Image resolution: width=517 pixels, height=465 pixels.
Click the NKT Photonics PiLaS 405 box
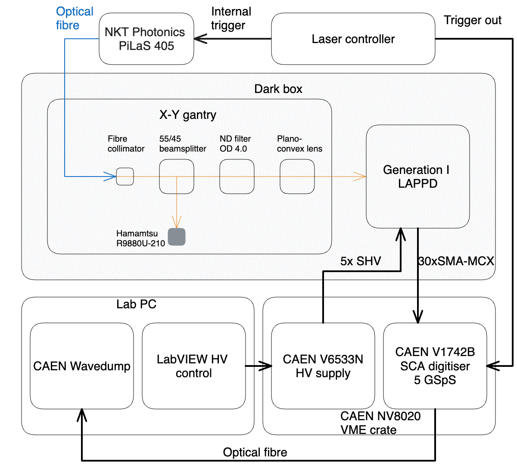pos(146,39)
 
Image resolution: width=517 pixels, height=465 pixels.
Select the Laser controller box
pos(353,39)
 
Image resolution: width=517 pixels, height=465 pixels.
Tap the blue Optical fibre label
pos(74,18)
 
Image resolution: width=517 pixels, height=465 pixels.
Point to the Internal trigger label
pos(230,18)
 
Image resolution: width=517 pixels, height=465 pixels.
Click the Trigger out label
pos(472,20)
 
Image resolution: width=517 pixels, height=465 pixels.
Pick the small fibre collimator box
pos(125,177)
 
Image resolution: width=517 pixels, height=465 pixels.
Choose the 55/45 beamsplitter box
pos(177,177)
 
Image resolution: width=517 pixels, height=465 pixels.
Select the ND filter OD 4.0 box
pos(237,177)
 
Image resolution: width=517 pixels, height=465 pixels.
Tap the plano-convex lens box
pos(297,177)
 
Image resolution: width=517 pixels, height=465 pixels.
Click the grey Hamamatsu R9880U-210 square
pos(177,237)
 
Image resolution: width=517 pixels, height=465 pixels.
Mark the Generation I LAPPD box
pos(417,177)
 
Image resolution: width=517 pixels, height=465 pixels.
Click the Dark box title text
pos(278,89)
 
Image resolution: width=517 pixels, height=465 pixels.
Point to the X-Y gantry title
pos(188,115)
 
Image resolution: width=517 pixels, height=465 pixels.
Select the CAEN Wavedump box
pos(82,366)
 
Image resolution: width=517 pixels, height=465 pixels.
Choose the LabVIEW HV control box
pos(193,366)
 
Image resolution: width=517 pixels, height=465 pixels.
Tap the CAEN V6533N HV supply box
pos(323,366)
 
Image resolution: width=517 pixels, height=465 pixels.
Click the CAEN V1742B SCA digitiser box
pos(435,366)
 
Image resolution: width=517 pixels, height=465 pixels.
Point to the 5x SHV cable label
pos(361,261)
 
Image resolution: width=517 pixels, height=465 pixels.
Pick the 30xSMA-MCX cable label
pos(456,261)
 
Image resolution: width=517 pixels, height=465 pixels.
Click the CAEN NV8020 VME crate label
pos(380,423)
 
